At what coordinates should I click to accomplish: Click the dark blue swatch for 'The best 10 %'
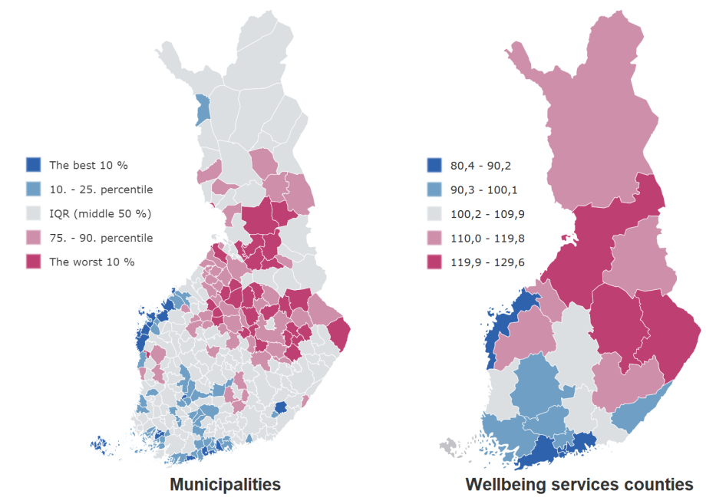coord(33,165)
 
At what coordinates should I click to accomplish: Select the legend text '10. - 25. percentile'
coord(101,189)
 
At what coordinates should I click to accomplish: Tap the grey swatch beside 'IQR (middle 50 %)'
coord(33,213)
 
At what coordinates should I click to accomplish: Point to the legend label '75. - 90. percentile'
coord(101,238)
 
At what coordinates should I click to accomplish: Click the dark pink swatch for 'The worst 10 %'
coord(33,262)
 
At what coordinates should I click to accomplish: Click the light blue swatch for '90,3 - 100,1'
coord(434,189)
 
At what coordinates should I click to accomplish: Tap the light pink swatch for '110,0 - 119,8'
coord(434,238)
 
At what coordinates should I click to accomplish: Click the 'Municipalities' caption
coord(225,485)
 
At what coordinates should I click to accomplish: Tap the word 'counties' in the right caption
coord(658,485)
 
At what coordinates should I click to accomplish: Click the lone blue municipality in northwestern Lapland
coord(203,110)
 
